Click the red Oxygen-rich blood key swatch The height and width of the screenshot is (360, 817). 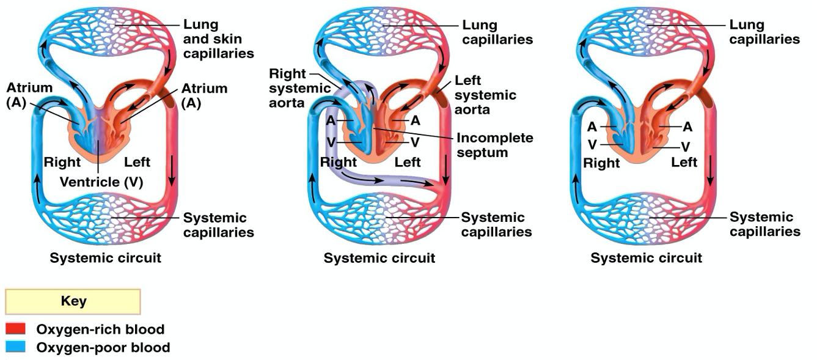click(15, 329)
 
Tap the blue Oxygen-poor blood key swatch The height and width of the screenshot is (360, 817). click(15, 347)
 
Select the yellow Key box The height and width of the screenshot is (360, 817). click(73, 301)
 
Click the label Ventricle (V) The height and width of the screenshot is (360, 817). click(101, 182)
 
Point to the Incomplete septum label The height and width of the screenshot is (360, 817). click(494, 145)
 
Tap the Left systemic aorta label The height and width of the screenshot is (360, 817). click(485, 95)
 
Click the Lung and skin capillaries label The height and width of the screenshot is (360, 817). click(219, 39)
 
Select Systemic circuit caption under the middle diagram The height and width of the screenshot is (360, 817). click(379, 258)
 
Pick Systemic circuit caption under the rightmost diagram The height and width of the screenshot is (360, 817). click(646, 258)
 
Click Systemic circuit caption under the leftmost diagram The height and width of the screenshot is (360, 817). click(105, 258)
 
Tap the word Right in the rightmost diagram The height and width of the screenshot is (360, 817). click(601, 163)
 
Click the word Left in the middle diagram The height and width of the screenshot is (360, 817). click(408, 162)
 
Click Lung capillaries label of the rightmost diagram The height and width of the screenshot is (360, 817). click(764, 32)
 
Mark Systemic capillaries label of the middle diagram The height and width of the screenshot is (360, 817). click(496, 224)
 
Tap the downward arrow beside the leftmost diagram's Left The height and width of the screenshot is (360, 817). click(172, 172)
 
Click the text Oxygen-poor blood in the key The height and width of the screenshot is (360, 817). click(103, 347)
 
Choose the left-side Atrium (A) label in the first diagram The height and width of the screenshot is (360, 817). click(29, 95)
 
